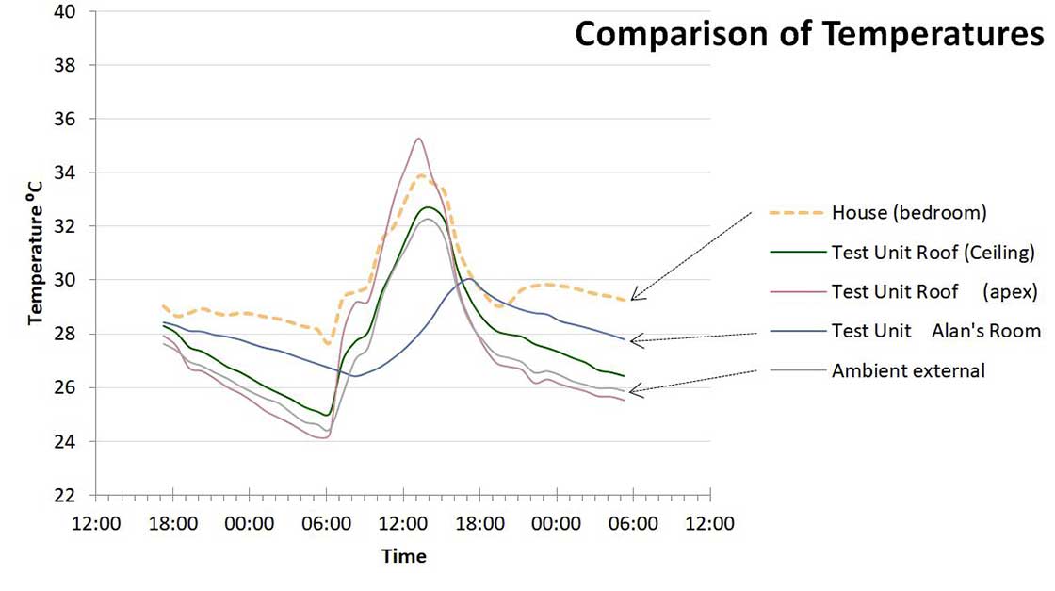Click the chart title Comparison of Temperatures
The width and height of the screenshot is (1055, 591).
coord(809,35)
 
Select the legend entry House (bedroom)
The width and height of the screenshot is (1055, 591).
coord(908,213)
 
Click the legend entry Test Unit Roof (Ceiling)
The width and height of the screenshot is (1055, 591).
coord(933,253)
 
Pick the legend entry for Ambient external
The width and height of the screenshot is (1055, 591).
coord(908,371)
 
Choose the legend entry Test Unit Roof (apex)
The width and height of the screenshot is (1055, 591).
coord(933,292)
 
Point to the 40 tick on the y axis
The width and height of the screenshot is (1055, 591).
coord(78,12)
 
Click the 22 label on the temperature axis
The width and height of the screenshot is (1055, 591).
coord(78,496)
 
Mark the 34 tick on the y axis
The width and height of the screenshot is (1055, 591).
coord(78,173)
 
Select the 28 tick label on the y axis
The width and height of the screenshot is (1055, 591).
coord(78,335)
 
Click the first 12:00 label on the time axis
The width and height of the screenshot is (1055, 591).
coord(95,522)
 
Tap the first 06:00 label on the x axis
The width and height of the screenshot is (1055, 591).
coord(326,522)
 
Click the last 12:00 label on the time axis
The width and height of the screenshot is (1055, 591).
coord(709,522)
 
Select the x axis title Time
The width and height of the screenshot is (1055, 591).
coord(403,556)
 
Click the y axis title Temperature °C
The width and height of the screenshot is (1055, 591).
coord(37,254)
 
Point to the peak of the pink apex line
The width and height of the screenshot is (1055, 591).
coord(417,139)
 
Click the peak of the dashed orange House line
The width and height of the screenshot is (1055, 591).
coord(421,175)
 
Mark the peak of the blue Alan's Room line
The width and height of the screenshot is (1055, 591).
coord(468,278)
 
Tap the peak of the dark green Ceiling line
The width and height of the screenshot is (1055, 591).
coord(428,207)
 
